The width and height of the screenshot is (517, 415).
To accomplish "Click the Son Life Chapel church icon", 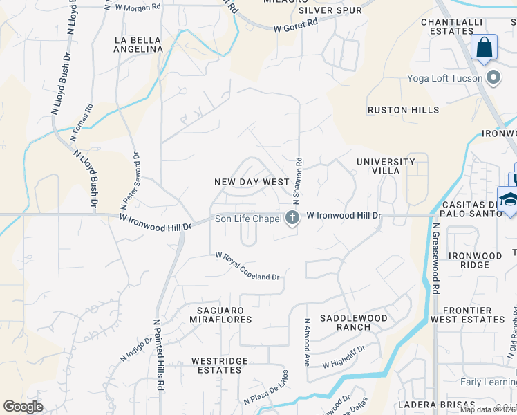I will (x=292, y=219).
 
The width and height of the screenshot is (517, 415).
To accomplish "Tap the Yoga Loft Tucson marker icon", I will (x=493, y=77).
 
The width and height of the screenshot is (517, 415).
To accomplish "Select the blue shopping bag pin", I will (x=485, y=48).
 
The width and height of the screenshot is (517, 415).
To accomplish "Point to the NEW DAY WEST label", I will (x=252, y=182).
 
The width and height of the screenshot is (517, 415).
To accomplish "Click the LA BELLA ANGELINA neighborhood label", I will (x=139, y=45).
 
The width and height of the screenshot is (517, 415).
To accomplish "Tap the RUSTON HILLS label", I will (x=403, y=110).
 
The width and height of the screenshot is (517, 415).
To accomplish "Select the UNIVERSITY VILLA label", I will (x=386, y=166).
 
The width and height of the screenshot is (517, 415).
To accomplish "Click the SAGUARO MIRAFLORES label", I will (x=220, y=315).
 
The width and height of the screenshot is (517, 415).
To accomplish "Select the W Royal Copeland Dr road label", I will (x=247, y=266).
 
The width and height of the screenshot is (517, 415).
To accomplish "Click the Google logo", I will (x=23, y=407).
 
